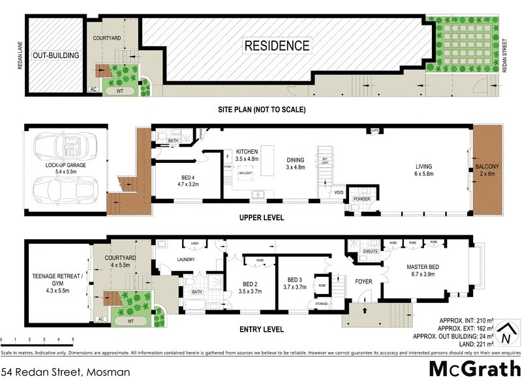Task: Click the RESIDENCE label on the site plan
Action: coord(277,46)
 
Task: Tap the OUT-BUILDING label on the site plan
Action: coord(56,56)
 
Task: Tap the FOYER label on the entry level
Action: coord(363,282)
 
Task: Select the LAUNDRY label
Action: coord(187,259)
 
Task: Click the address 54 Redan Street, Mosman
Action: coord(65,373)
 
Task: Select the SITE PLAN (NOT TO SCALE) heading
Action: coord(262,109)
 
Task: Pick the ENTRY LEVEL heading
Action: coord(262,329)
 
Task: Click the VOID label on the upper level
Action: coord(338,193)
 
